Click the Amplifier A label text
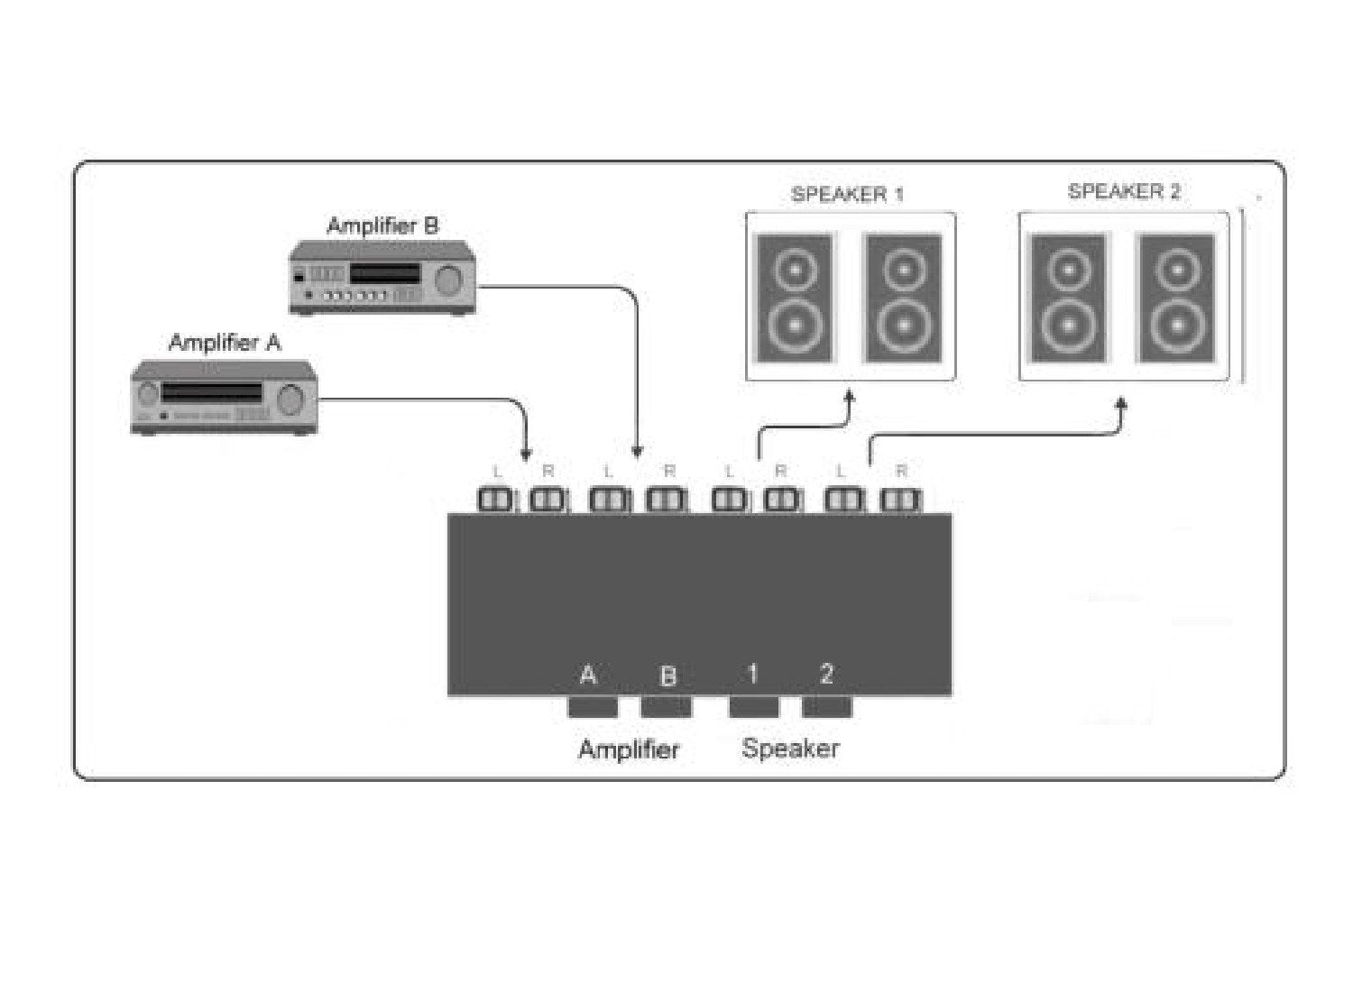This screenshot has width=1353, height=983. [225, 343]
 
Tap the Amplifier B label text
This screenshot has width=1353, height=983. [382, 225]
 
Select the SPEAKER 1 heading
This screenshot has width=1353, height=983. [847, 194]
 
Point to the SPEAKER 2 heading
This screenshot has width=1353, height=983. [1124, 191]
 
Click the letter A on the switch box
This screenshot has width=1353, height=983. [588, 675]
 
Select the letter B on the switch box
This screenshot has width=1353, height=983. [667, 675]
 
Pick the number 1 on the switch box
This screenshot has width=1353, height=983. [752, 674]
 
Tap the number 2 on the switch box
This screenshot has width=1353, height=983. [826, 674]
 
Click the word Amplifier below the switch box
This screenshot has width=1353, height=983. [629, 749]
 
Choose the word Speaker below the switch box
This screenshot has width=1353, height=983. [790, 748]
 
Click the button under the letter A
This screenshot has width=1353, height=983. [593, 707]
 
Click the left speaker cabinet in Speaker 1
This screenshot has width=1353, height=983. [795, 298]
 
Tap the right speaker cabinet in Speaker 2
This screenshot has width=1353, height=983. [1175, 298]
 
